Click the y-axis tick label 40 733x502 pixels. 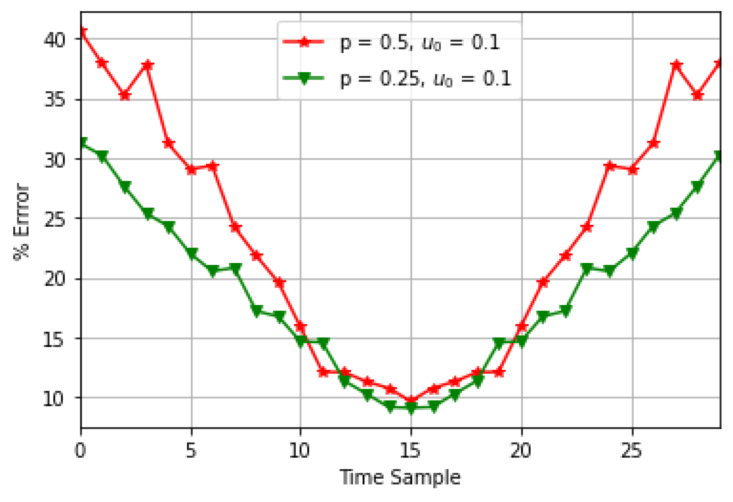[x=55, y=39]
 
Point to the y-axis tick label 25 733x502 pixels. [x=55, y=219]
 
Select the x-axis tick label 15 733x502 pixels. [x=410, y=450]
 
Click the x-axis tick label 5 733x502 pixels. [x=191, y=450]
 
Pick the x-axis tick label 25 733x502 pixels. [x=632, y=450]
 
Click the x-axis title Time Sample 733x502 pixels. [x=400, y=478]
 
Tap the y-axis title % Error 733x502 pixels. [x=22, y=222]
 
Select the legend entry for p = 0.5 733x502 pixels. [x=392, y=43]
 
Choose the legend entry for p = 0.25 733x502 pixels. [x=397, y=79]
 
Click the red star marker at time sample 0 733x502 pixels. [x=82, y=32]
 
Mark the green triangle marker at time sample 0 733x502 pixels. [x=82, y=143]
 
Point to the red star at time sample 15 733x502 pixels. [x=411, y=400]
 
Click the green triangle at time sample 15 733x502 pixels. [x=411, y=408]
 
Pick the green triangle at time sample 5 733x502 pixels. [x=192, y=254]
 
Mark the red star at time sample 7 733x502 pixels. [x=236, y=227]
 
